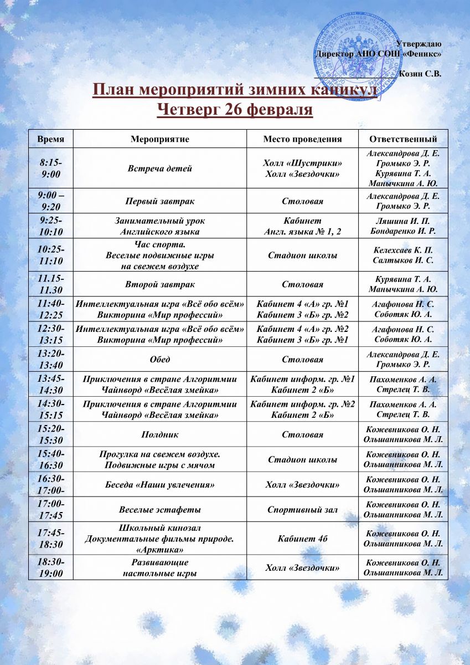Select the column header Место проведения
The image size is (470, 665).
click(302, 139)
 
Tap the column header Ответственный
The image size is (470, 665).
click(403, 139)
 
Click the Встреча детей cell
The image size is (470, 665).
click(160, 168)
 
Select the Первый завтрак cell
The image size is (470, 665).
click(160, 201)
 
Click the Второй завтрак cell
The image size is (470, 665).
click(160, 284)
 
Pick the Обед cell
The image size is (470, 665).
click(160, 360)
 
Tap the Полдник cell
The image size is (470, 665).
click(160, 434)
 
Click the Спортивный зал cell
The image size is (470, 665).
click(302, 509)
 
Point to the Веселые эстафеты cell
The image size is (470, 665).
click(160, 509)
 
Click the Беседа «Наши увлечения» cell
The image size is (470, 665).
click(160, 484)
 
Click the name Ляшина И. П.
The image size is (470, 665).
click(403, 221)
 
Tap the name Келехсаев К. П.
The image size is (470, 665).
click(403, 250)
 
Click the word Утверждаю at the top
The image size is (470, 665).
click(419, 44)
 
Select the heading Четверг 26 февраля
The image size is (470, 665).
click(235, 109)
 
